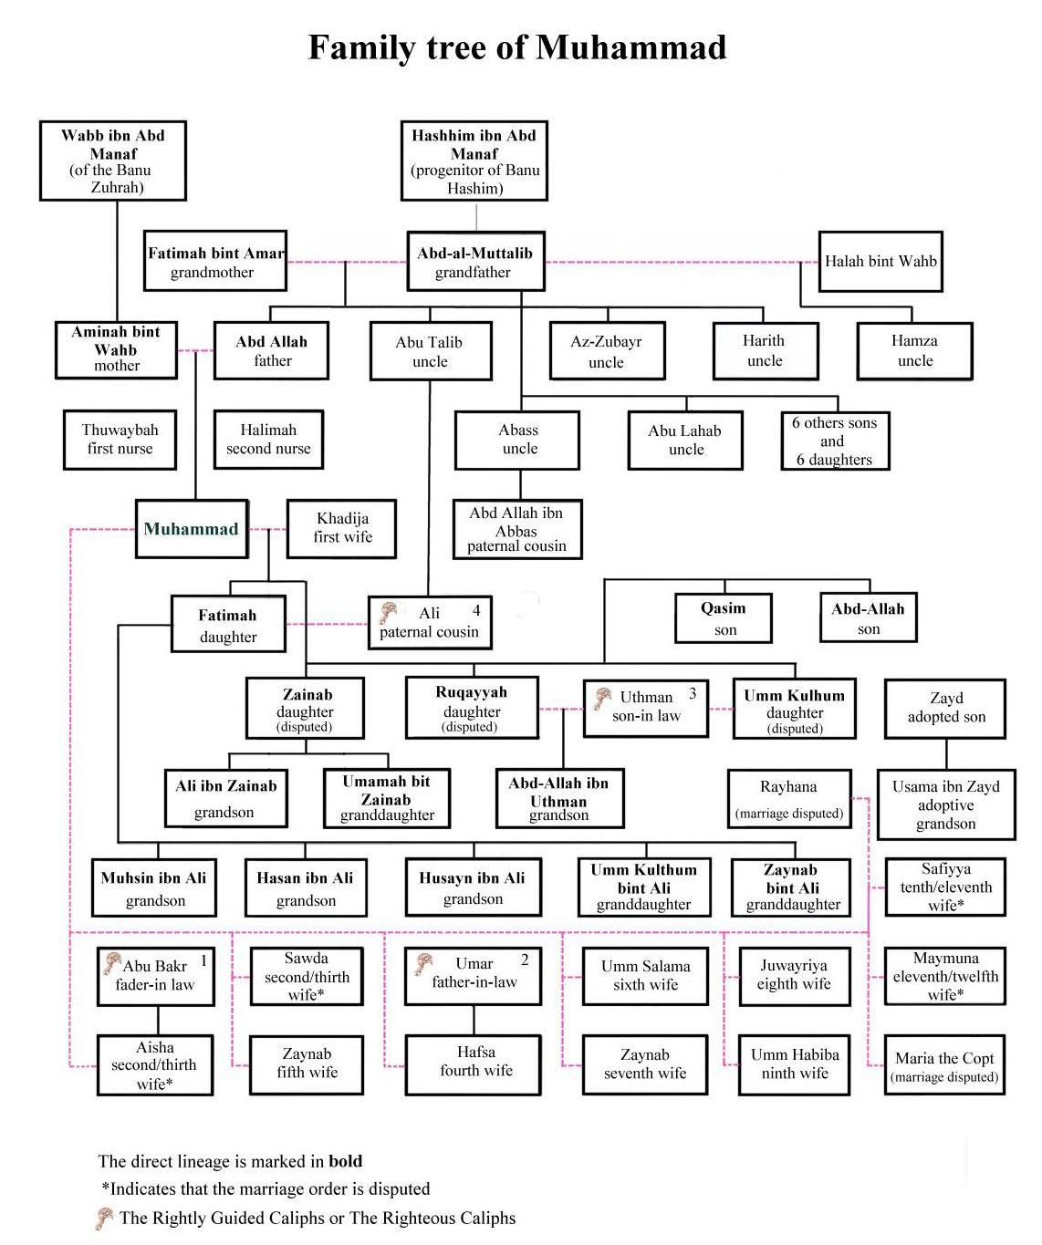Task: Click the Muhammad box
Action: pos(192,528)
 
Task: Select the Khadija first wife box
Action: pos(341,528)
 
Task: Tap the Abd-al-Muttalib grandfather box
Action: pos(475,261)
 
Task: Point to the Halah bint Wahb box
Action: pos(880,261)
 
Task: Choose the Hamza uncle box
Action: pos(914,350)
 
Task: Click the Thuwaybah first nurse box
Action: pos(120,440)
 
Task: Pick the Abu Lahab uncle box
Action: pos(684,440)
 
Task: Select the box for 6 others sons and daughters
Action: pos(835,441)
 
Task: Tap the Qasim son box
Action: pos(723,617)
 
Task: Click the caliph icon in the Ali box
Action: pos(389,613)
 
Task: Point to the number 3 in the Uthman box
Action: pos(693,693)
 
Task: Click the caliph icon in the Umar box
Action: pos(424,964)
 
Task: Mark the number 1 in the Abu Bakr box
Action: pos(204,960)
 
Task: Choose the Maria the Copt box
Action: pos(944,1064)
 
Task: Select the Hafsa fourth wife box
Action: pos(474,1065)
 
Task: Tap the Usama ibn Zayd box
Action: pos(946,804)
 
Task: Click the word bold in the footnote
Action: pos(345,1160)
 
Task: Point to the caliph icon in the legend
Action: pos(104,1219)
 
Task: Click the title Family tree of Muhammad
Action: pos(517,47)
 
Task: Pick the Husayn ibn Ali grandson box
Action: pos(474,887)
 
